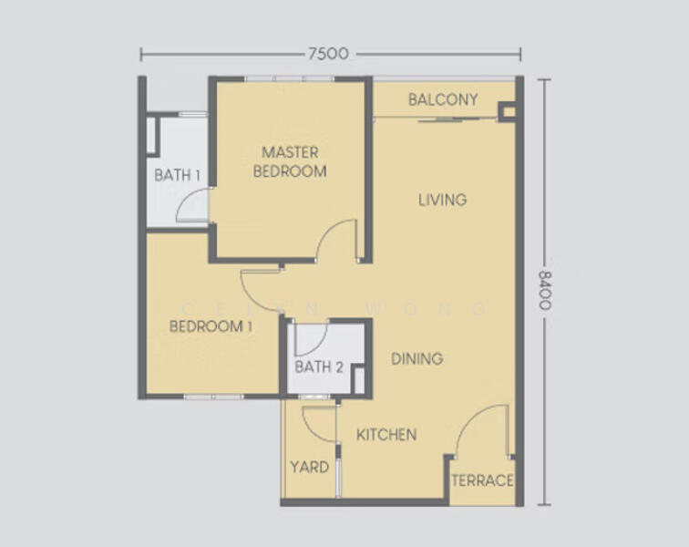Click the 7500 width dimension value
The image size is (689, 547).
click(x=328, y=54)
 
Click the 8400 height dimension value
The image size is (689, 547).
click(x=544, y=291)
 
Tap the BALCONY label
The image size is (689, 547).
click(x=443, y=99)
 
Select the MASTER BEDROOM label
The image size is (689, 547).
click(x=290, y=161)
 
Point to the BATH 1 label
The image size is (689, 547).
click(x=178, y=175)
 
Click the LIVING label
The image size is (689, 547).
click(x=443, y=200)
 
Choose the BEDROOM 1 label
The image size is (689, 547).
click(x=211, y=326)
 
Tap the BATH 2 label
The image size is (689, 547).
click(x=319, y=366)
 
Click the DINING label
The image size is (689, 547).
click(x=417, y=359)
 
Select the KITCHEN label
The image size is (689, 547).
click(x=386, y=435)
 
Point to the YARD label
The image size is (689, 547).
click(x=310, y=467)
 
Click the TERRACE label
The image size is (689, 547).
click(x=482, y=480)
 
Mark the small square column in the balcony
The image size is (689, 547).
click(x=508, y=112)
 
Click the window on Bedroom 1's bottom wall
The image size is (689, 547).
click(x=213, y=397)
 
